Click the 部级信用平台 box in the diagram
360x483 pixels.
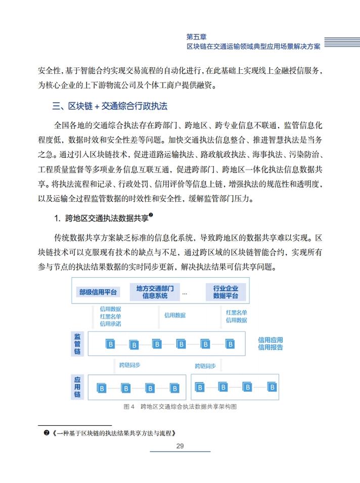(98, 292)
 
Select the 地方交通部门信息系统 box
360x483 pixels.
(155, 292)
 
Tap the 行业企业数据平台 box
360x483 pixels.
(226, 292)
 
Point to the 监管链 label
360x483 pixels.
(77, 344)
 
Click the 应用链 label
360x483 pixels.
(77, 387)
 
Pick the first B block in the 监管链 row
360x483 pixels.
(110, 344)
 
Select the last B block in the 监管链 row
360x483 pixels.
(230, 344)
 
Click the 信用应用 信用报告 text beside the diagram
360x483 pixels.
(270, 343)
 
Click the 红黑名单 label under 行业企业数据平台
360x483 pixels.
(236, 313)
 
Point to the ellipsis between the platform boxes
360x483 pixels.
(185, 292)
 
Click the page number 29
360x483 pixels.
(179, 446)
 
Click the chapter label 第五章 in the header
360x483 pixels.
(196, 36)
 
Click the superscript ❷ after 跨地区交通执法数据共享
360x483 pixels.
(151, 215)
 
